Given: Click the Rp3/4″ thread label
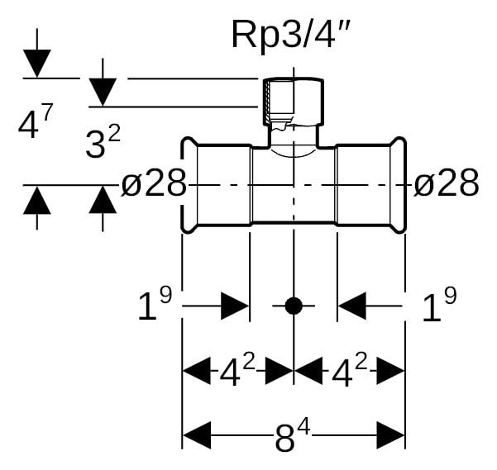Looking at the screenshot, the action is click(290, 34).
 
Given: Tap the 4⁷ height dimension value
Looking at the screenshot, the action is click(35, 121).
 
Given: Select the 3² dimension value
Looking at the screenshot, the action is click(103, 141).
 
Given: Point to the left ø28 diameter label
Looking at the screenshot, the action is click(154, 183).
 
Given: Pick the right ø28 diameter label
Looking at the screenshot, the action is click(447, 183).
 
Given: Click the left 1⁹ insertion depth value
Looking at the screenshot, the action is click(155, 304).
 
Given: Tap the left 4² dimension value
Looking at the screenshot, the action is click(237, 370).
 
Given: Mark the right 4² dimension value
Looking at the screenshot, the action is click(349, 370).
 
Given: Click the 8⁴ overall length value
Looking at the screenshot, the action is click(293, 435).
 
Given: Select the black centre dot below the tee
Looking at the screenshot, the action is click(294, 306).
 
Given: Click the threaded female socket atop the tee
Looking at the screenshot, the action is click(294, 102).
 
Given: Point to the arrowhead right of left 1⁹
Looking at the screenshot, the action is click(235, 306).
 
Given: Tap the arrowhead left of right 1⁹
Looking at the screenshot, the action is click(352, 306).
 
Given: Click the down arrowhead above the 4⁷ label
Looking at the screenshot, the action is click(37, 64).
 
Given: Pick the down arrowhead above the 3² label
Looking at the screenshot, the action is click(103, 93).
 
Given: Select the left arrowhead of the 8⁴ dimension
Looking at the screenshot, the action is click(197, 435).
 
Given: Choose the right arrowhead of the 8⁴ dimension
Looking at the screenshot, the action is click(390, 435).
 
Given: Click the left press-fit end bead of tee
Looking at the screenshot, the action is click(189, 186).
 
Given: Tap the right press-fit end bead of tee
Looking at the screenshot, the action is click(398, 186).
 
